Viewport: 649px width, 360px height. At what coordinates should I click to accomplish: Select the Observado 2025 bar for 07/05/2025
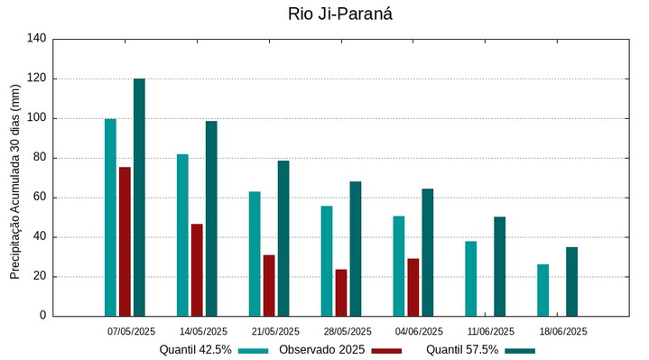pos(125,241)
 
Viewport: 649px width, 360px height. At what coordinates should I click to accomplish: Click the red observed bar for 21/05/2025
pos(269,285)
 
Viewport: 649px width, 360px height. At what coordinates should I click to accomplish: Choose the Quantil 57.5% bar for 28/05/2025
pos(356,248)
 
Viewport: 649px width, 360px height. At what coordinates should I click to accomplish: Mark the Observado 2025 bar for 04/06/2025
pos(413,287)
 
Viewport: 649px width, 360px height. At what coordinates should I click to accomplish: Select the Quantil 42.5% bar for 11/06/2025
pos(470,278)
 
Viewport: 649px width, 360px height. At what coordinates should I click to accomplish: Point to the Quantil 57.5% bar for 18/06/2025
pos(571,282)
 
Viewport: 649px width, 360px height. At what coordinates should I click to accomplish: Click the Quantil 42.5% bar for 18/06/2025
pos(542,290)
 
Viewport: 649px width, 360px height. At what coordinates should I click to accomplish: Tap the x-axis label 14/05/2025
pos(203,331)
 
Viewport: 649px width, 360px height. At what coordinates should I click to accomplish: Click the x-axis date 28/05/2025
pos(348,331)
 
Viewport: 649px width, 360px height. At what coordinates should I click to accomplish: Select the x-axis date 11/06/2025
pos(491,331)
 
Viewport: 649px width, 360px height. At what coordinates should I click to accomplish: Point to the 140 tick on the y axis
pos(36,39)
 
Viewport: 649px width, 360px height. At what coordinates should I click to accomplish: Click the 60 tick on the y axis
pos(39,198)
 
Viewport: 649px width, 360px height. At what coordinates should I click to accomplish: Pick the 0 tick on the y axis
pos(42,316)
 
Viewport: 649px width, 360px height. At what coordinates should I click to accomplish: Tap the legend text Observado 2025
pos(321,350)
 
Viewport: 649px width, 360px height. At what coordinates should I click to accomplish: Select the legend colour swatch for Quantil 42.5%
pos(254,350)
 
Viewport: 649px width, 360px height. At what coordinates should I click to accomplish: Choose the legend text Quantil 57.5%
pos(462,350)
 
